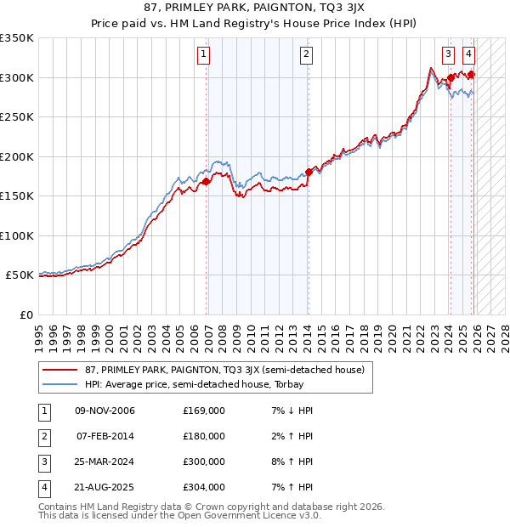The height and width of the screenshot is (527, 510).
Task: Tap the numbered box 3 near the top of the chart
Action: (x=448, y=53)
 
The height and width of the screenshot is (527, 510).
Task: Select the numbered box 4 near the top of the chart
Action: (x=468, y=53)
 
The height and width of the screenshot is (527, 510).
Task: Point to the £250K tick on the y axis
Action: (x=17, y=117)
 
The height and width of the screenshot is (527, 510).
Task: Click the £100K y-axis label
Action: (x=17, y=236)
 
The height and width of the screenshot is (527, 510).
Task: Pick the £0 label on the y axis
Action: (x=25, y=315)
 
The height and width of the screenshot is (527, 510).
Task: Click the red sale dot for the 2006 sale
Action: (x=206, y=181)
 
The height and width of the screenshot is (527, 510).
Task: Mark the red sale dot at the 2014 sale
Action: (x=308, y=173)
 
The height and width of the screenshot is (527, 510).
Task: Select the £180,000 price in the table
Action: (x=204, y=436)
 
